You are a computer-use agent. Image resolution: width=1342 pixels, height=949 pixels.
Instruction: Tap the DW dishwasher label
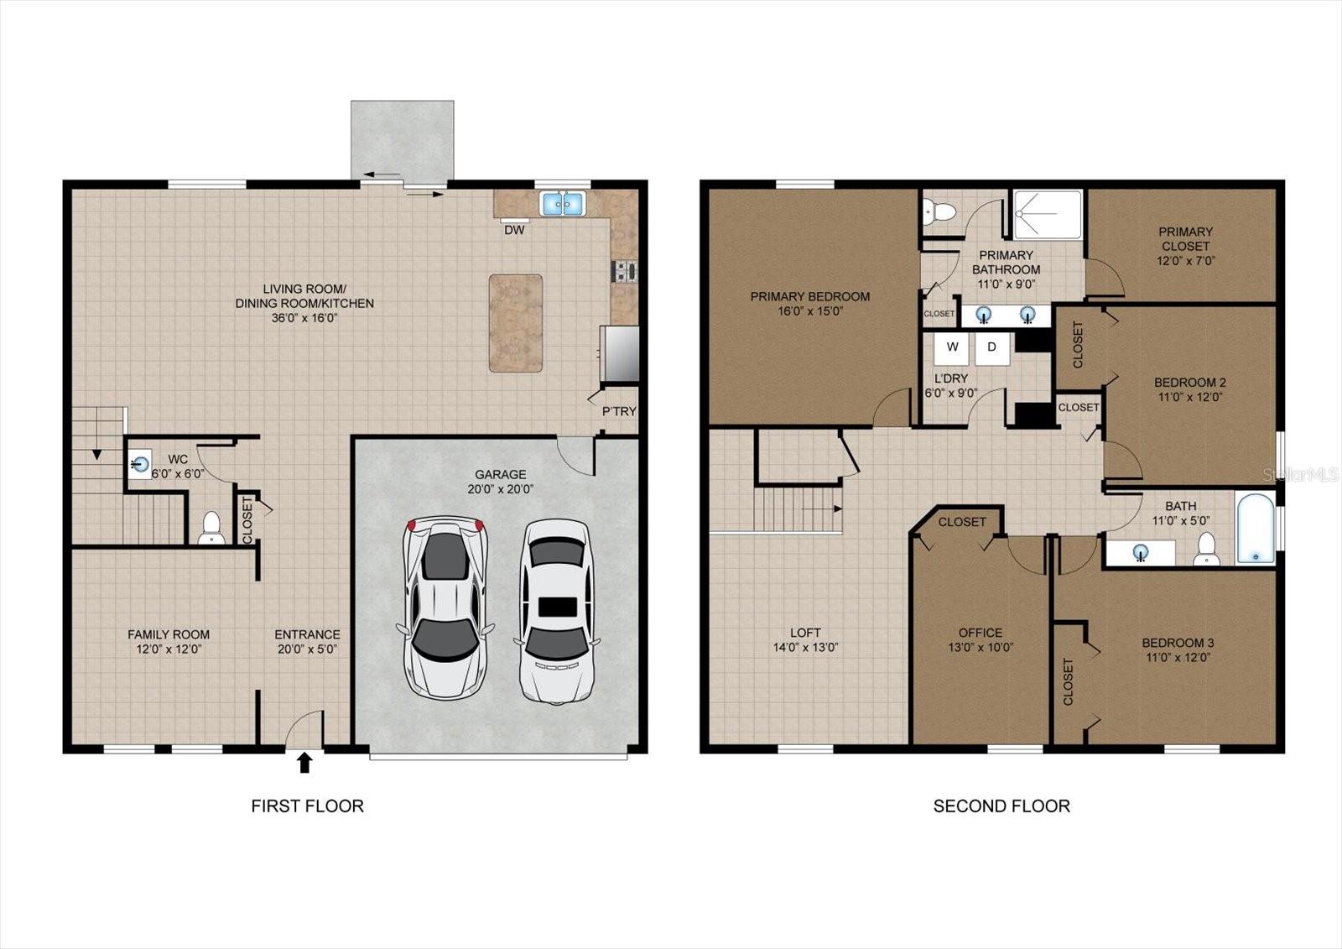514,230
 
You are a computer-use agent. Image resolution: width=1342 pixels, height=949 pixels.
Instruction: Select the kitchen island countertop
516,323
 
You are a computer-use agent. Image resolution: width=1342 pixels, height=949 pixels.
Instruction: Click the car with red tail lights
445,607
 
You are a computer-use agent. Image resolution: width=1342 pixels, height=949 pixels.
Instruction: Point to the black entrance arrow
305,763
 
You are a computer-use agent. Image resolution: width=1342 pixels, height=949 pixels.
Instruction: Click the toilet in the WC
211,528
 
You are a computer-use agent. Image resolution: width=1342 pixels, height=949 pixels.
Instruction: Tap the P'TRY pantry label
619,412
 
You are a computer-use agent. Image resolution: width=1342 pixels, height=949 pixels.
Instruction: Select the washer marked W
952,348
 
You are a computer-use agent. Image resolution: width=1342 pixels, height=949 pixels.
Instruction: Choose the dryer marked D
991,348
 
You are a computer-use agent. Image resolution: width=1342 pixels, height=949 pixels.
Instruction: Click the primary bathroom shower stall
1048,215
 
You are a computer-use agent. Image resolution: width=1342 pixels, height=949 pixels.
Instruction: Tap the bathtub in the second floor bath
1255,528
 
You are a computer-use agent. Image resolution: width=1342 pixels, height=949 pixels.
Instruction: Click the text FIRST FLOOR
307,806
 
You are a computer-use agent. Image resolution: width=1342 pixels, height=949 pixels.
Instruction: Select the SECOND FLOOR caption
1001,806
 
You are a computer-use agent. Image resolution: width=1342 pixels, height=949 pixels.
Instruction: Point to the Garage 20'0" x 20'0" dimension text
500,489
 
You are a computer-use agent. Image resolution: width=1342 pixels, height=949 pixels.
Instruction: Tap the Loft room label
805,633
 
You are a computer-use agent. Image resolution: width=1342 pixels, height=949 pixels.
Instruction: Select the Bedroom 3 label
1178,644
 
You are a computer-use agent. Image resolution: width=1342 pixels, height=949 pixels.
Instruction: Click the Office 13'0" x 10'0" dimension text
980,648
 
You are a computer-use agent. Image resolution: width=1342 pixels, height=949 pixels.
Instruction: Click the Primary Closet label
1186,238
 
